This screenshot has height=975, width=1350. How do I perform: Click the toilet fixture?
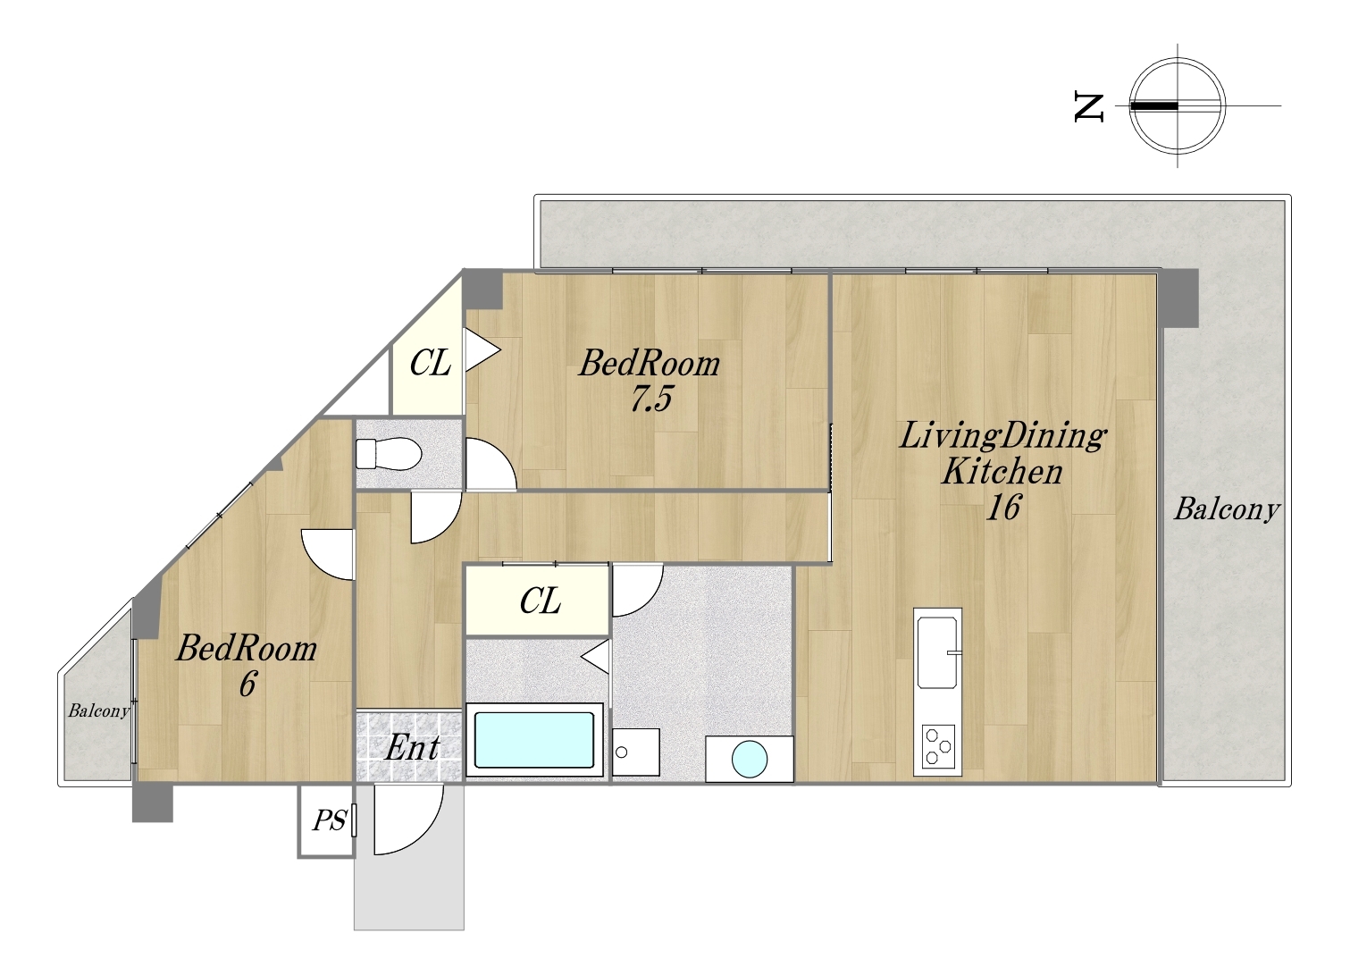coord(388,454)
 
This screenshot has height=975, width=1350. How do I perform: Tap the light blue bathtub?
coord(534,740)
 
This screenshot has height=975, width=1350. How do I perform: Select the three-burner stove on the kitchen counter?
coord(938,747)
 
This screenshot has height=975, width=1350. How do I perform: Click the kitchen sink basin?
coord(937,652)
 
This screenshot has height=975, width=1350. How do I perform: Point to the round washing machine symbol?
coord(749,759)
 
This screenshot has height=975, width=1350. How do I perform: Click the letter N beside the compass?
coord(1089,108)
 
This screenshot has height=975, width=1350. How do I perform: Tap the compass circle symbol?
coord(1177,106)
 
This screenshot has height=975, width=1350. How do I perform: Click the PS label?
coord(330,820)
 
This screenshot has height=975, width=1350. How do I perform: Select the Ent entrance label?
coord(412,748)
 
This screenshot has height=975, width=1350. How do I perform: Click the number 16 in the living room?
coord(1002,507)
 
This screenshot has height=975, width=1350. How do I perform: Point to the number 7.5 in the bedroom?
coord(650,399)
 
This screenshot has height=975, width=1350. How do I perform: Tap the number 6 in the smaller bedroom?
coord(247,685)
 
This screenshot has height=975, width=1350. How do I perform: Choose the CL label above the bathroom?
coord(540,601)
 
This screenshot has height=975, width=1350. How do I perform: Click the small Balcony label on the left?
coord(98,711)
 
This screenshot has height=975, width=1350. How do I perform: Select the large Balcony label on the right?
coord(1227,509)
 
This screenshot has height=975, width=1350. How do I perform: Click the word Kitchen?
coord(1002,472)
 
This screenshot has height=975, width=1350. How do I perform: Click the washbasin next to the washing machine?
coord(635,752)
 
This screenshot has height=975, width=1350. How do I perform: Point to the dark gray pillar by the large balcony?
coord(1178,298)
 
